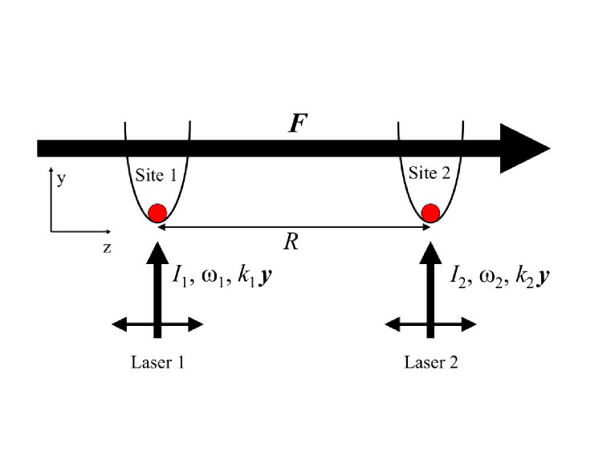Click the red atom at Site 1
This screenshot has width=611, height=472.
pos(157,213)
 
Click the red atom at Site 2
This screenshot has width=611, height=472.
pos(431,213)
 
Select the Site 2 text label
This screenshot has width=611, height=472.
pos(430,173)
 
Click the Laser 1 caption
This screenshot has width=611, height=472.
pos(158,362)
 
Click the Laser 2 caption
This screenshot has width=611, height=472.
pos(431,362)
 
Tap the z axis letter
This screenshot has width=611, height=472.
pos(106,247)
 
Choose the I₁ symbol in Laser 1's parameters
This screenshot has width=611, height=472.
pos(179,275)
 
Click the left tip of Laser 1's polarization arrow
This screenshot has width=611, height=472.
pos(114,324)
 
